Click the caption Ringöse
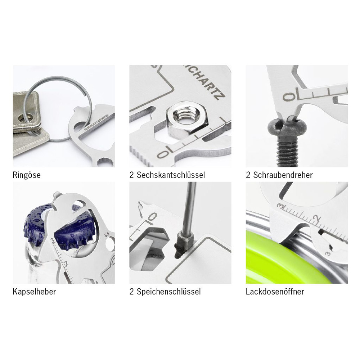point(27,176)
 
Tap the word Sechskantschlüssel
point(171,176)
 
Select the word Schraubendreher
point(283,176)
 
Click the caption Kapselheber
point(34,292)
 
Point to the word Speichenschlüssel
point(168,292)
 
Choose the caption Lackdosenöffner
point(275,292)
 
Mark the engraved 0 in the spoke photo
point(153,217)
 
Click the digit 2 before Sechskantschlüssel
point(132,176)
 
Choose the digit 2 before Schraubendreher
point(248,176)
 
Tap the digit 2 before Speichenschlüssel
point(132,292)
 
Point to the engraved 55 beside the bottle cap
point(107,235)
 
